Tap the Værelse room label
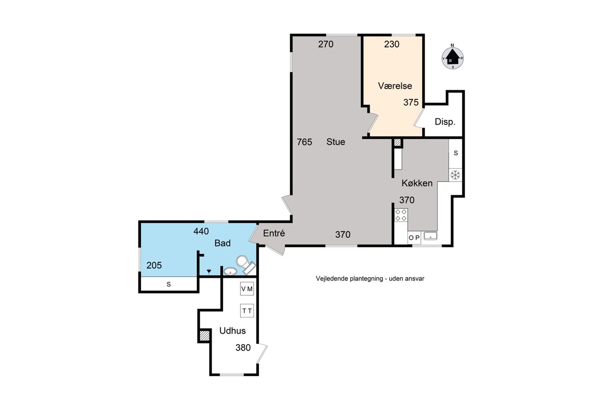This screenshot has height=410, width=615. click(x=395, y=86)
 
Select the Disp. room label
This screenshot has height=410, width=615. click(x=445, y=121)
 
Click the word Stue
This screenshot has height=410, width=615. click(x=336, y=141)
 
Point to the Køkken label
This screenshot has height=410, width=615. click(x=417, y=183)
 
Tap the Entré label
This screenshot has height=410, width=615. click(x=274, y=233)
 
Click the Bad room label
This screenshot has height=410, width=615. click(x=222, y=243)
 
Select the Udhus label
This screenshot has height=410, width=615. click(x=233, y=331)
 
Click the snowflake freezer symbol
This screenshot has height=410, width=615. click(x=456, y=175)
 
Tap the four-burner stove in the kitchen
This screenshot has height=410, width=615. click(x=401, y=215)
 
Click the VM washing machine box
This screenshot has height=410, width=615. click(x=247, y=289)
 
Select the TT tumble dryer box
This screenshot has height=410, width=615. click(x=247, y=311)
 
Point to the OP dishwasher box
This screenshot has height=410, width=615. click(x=414, y=238)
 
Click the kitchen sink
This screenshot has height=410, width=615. click(x=430, y=236)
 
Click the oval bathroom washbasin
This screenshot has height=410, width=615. click(x=230, y=271)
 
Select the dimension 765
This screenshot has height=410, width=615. click(x=304, y=142)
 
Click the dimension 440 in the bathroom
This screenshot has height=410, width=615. click(x=201, y=231)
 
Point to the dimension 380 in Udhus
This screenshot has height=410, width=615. click(x=243, y=347)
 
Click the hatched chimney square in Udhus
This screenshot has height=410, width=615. click(x=204, y=336)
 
